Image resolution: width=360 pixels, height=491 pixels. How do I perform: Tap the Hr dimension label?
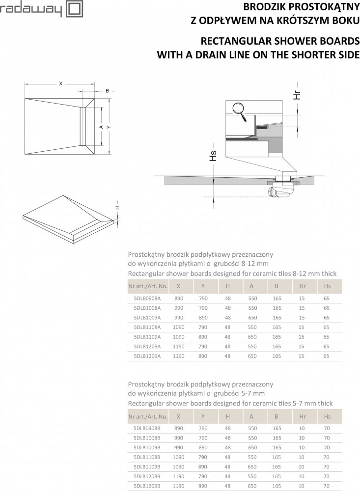(296, 94)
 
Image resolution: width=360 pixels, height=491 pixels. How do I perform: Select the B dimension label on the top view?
(107, 91)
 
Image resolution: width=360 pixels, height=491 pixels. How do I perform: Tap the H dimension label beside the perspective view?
(117, 208)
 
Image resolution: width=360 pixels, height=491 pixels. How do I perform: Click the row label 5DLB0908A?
(147, 298)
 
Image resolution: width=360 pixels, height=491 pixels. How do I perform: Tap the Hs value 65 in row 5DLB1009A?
(327, 317)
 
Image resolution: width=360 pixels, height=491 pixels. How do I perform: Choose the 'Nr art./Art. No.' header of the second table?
(147, 416)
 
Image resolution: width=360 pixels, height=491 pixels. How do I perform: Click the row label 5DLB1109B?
(147, 466)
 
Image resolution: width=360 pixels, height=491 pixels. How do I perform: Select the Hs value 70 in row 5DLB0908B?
(327, 428)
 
